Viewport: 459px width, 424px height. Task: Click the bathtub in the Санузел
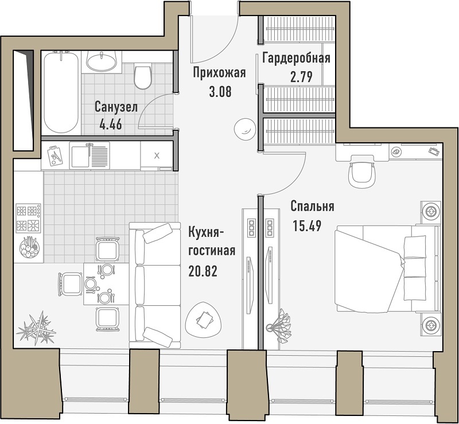tap(61, 92)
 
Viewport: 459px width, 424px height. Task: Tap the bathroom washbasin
tap(102, 61)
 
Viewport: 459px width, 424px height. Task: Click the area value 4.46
tap(111, 125)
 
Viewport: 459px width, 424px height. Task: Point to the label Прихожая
tap(219, 73)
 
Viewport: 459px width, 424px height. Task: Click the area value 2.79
tap(301, 77)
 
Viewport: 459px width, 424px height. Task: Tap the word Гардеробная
tap(296, 58)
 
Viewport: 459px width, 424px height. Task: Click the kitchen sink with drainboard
tap(90, 155)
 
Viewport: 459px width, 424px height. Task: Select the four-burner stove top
tap(28, 218)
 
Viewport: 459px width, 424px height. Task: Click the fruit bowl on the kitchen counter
tap(29, 248)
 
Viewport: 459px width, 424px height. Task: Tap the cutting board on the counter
tap(55, 155)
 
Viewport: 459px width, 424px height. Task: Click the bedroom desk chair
tap(361, 174)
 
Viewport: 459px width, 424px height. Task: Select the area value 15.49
tap(307, 225)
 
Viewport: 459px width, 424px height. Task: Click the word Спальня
tap(312, 207)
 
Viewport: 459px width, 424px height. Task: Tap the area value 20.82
tap(203, 272)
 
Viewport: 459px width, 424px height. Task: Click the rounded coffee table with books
tap(204, 320)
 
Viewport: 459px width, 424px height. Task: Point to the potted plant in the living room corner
tap(36, 328)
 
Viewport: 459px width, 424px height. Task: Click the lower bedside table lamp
tap(431, 324)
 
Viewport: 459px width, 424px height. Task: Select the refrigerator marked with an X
tap(157, 155)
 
